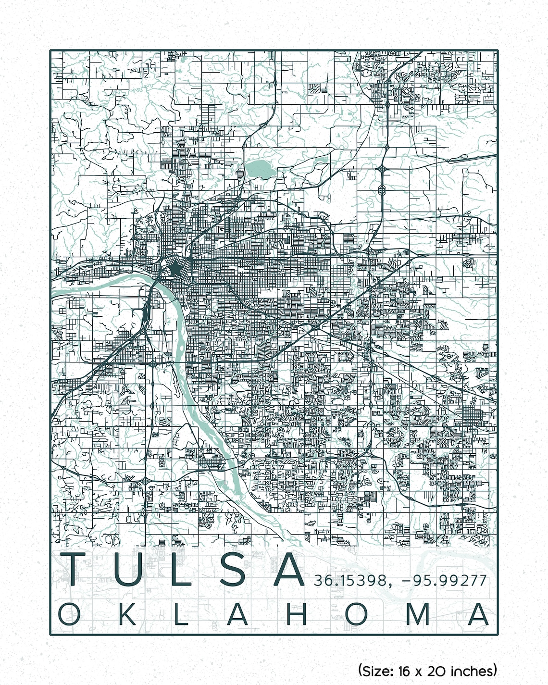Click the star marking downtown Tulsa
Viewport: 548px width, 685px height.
(175, 268)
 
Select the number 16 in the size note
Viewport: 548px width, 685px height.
(403, 670)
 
